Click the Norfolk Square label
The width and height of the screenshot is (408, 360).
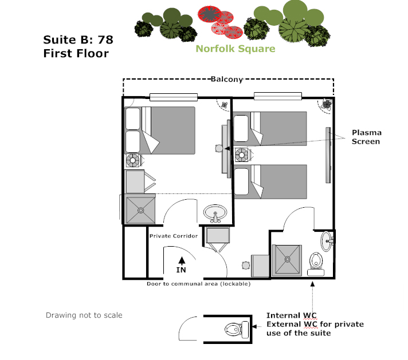point(235,49)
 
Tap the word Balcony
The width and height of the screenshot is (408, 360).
point(227,79)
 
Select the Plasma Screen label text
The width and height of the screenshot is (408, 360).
point(366,137)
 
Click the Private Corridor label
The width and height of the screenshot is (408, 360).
point(174,236)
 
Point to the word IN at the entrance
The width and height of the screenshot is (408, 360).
point(181,270)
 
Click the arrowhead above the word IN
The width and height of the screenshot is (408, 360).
point(182,260)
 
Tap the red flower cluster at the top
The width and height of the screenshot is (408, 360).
point(220,22)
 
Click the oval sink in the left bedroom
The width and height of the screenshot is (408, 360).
point(215,213)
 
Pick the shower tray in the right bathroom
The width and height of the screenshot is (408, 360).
point(287,260)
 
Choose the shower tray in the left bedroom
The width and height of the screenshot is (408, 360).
point(140,210)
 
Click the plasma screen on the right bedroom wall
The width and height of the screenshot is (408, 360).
point(328,155)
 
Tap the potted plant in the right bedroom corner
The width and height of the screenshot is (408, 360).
point(327,105)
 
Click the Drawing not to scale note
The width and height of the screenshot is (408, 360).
point(84,315)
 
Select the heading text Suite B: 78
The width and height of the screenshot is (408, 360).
point(78,40)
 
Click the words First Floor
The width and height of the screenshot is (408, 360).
point(76,54)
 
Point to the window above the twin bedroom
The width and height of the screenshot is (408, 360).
point(278,96)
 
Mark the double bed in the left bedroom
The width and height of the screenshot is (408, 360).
point(160,130)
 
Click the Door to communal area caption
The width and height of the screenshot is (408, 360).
point(198,284)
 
